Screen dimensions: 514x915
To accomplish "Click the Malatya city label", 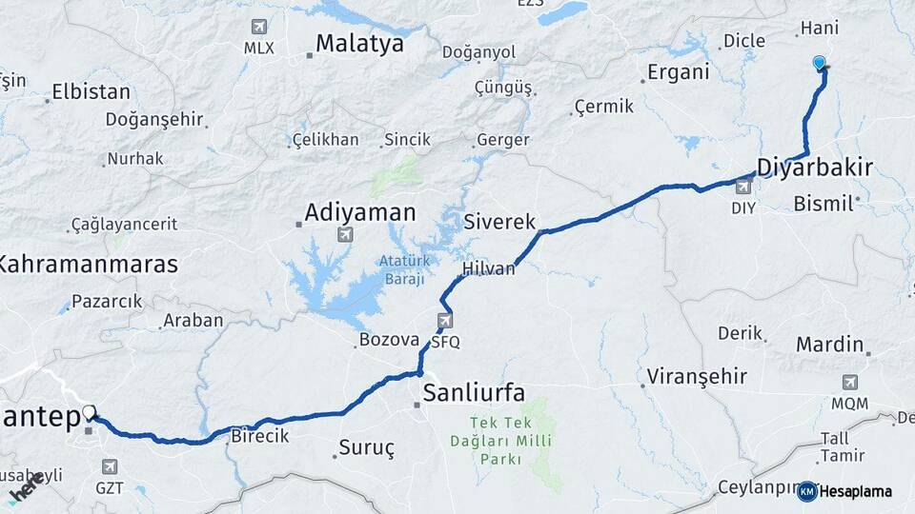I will [x=359, y=43].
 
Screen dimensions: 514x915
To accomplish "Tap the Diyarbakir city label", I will [x=814, y=168].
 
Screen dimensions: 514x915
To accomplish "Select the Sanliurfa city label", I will [x=474, y=391].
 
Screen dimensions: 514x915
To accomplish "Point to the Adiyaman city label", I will [x=360, y=211].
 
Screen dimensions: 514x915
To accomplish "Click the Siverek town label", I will [x=495, y=221].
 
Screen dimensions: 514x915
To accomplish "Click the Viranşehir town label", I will [x=697, y=376].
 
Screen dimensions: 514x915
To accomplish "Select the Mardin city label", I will [x=829, y=344].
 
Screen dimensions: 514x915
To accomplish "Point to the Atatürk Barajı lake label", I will [x=406, y=269].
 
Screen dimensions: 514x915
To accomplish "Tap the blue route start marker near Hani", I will [x=819, y=63].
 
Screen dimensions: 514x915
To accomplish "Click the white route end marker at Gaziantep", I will [x=90, y=412].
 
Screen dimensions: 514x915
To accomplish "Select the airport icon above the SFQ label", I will [x=445, y=321].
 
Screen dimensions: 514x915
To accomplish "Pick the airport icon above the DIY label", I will [x=743, y=187].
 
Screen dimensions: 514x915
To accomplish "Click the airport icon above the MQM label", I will [x=849, y=382].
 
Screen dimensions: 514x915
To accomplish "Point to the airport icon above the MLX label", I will [x=258, y=27].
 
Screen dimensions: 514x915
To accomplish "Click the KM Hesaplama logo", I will [x=844, y=491].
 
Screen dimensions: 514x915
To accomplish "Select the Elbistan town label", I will [x=91, y=92].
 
